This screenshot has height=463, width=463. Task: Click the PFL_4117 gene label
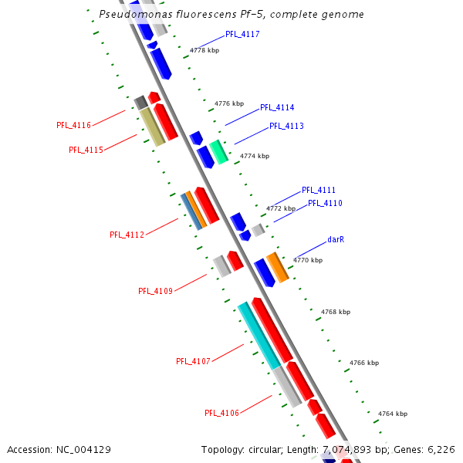(x=242, y=35)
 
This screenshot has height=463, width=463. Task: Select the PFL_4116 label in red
(x=74, y=125)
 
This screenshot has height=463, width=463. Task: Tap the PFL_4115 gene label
(x=86, y=150)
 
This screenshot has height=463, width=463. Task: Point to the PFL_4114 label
(x=277, y=108)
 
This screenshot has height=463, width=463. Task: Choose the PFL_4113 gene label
(x=286, y=126)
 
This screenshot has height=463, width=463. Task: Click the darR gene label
(x=336, y=240)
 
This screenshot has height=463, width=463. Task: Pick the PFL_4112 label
(x=127, y=235)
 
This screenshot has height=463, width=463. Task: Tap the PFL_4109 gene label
(x=155, y=291)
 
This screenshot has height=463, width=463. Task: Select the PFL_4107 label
(x=193, y=361)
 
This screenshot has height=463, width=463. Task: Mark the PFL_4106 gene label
(x=221, y=413)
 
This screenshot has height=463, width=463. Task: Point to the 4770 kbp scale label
(x=307, y=261)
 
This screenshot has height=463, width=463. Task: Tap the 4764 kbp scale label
(x=392, y=414)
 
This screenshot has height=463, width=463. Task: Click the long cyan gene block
(x=259, y=335)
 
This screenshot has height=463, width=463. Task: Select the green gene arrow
(x=219, y=152)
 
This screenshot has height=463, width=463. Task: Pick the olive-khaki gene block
(x=152, y=127)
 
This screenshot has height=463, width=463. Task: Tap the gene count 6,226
(x=440, y=449)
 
